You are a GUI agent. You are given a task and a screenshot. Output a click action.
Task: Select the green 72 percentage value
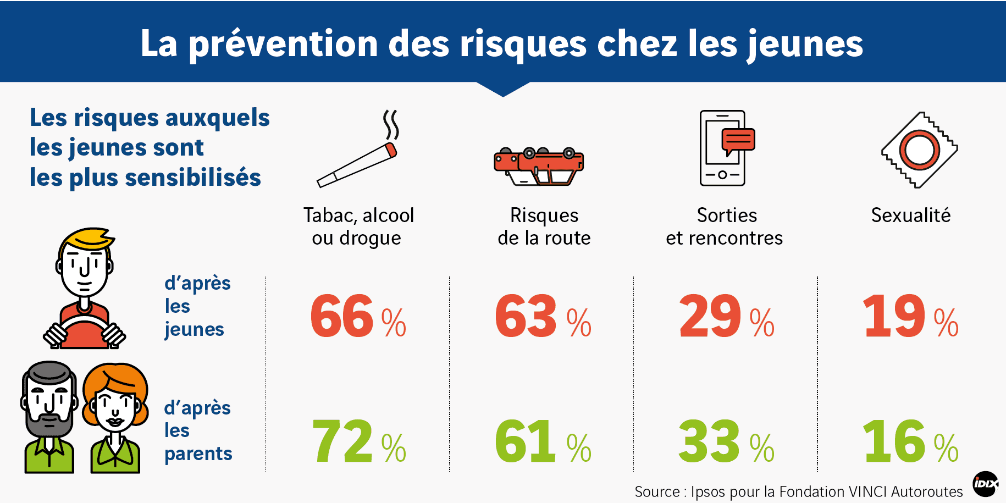coord(358,441)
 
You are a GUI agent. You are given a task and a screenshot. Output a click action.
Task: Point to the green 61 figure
coord(543,441)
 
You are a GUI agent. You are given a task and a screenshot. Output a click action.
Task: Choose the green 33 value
coord(726,441)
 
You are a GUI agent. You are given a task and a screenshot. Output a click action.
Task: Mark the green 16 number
coord(910,441)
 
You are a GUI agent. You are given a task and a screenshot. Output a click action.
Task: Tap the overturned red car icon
coord(538,166)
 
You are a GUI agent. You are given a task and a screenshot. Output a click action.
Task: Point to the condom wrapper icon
coord(920,150)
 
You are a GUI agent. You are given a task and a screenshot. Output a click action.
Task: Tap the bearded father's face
coord(49,404)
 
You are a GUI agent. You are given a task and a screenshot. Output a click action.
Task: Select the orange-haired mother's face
coord(115,407)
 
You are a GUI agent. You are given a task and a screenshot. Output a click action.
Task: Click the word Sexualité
coord(911,215)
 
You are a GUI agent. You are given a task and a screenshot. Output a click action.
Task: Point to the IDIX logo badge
coord(986,484)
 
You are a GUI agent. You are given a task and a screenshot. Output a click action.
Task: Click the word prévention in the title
coord(284,45)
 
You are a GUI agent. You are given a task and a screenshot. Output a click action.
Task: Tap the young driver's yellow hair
coord(88,238)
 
